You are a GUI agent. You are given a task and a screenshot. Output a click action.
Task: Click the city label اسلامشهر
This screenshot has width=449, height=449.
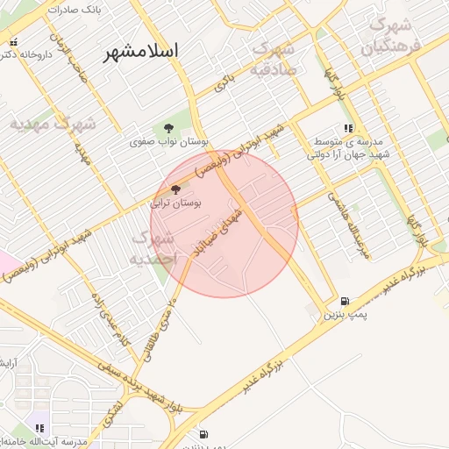click(140, 52)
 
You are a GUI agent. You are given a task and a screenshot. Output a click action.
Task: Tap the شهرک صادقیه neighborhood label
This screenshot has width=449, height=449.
click(274, 58)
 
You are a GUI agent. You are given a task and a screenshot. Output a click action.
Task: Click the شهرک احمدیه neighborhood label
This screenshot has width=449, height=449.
click(154, 248)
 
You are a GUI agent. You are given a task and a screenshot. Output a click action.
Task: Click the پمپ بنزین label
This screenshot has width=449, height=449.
click(344, 313)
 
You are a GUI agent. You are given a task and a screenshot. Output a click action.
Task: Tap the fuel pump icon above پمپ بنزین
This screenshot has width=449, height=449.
click(344, 300)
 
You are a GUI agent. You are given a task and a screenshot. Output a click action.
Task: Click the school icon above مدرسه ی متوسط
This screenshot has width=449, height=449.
click(348, 129)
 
